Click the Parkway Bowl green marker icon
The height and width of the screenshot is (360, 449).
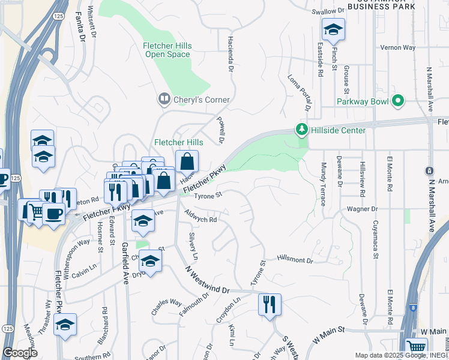pyautogui.click(x=397, y=101)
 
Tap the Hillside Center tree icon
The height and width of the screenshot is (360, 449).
pyautogui.click(x=301, y=129)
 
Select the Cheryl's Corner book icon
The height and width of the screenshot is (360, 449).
pyautogui.click(x=163, y=99)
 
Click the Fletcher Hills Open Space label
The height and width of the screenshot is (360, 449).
pyautogui.click(x=166, y=50)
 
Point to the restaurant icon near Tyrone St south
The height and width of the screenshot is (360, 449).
pyautogui.click(x=270, y=304)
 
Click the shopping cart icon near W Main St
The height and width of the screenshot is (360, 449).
pyautogui.click(x=417, y=347)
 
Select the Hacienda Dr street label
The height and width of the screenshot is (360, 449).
pyautogui.click(x=230, y=53)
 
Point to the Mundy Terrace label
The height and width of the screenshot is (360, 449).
pyautogui.click(x=324, y=184)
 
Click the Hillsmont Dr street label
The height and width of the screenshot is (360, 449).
pyautogui.click(x=295, y=259)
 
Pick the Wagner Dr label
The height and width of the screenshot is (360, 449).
pyautogui.click(x=362, y=209)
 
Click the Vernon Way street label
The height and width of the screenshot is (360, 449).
pyautogui.click(x=399, y=47)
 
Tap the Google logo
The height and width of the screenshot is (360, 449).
pyautogui.click(x=20, y=353)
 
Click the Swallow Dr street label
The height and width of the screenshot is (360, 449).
pyautogui.click(x=328, y=11)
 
